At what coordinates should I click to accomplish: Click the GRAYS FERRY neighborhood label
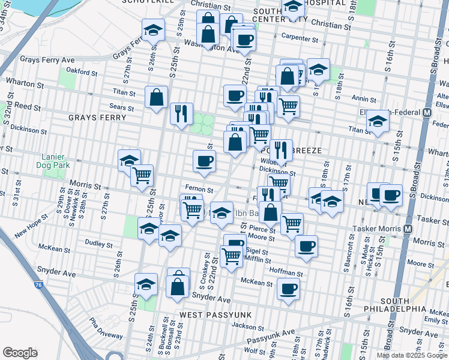tap(97, 118)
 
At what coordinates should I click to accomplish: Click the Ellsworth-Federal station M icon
tap(427, 113)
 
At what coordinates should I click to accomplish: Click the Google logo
tap(20, 352)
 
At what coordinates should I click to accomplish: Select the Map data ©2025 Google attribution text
tap(412, 355)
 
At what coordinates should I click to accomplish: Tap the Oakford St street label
tap(82, 71)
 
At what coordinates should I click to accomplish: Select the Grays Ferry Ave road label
tap(47, 60)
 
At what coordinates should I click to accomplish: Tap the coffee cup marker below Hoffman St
tap(288, 290)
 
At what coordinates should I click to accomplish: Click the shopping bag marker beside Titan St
tap(156, 97)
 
